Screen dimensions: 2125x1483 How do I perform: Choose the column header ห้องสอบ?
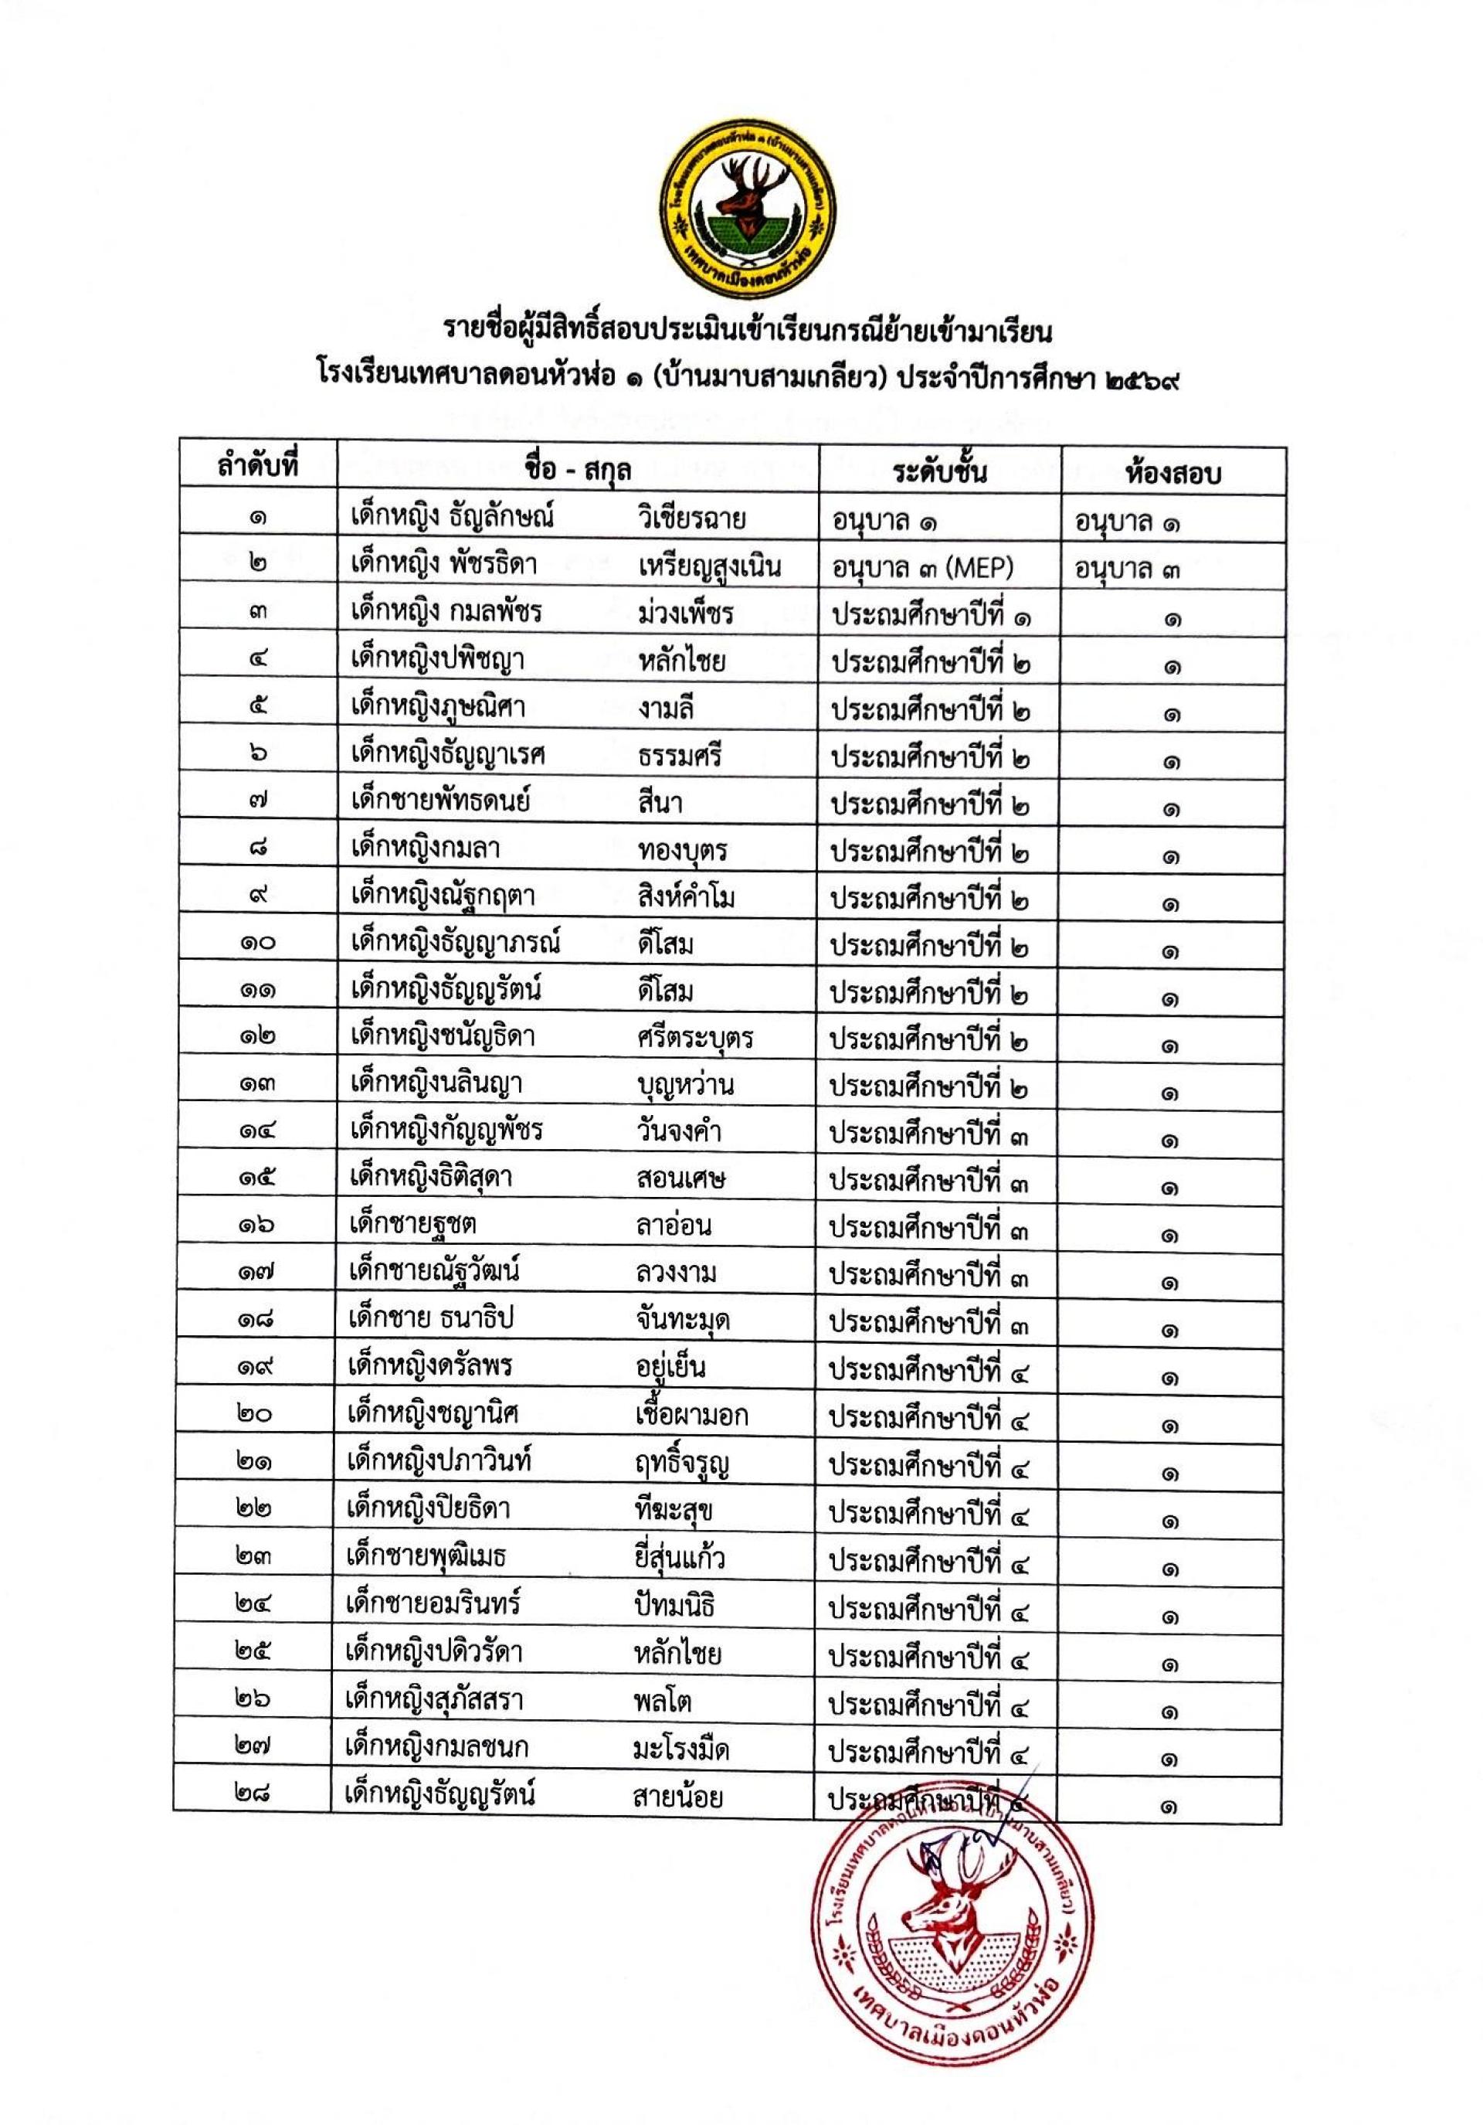click(1173, 473)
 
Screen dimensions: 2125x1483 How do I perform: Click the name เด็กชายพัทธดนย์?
click(439, 801)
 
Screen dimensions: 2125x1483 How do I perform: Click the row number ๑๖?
click(256, 1226)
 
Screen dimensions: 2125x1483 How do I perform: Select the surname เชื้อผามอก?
click(692, 1414)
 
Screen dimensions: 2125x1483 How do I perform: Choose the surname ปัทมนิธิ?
click(675, 1603)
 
